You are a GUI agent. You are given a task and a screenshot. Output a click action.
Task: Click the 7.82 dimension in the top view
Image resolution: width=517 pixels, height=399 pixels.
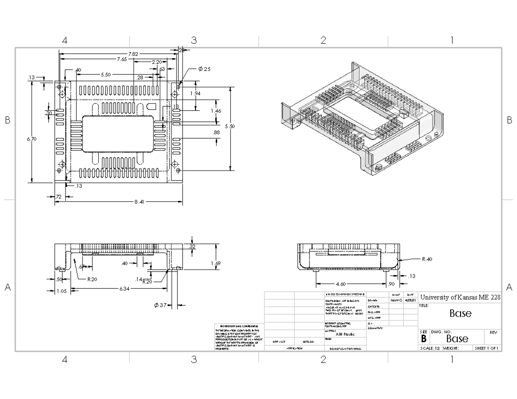[x=133, y=54]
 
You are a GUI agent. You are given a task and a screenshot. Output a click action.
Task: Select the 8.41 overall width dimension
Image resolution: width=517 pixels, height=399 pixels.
[x=139, y=202]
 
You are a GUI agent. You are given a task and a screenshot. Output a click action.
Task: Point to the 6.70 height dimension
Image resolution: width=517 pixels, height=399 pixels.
[x=31, y=139]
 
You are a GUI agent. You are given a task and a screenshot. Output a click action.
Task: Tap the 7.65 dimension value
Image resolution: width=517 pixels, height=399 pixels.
[x=121, y=59]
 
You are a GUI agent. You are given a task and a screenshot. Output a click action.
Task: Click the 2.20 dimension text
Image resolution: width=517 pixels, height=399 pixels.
[x=156, y=62]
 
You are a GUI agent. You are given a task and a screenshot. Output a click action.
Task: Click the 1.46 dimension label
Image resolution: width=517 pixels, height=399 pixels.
[x=216, y=111]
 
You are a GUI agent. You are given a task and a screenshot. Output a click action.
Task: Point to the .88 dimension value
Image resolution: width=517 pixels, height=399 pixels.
[x=216, y=133]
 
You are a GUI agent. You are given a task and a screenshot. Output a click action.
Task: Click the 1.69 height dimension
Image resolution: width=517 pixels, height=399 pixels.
[x=216, y=263]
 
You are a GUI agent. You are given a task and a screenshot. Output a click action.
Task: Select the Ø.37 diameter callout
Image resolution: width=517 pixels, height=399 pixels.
[x=160, y=305]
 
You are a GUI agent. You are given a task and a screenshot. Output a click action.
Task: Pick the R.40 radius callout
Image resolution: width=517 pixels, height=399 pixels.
[x=427, y=259]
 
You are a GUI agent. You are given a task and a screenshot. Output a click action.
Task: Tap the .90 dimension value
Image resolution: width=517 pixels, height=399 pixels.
[x=392, y=284]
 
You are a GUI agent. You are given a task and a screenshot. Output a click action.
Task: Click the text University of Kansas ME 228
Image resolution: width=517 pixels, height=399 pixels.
[x=460, y=297]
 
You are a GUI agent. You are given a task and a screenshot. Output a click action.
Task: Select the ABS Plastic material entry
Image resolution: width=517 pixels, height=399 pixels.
[x=345, y=334]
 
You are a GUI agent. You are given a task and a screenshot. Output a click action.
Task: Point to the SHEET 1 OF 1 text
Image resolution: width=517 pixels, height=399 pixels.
[x=486, y=348]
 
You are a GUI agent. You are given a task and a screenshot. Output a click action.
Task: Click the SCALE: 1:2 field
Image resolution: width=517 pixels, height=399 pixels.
[x=430, y=348]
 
